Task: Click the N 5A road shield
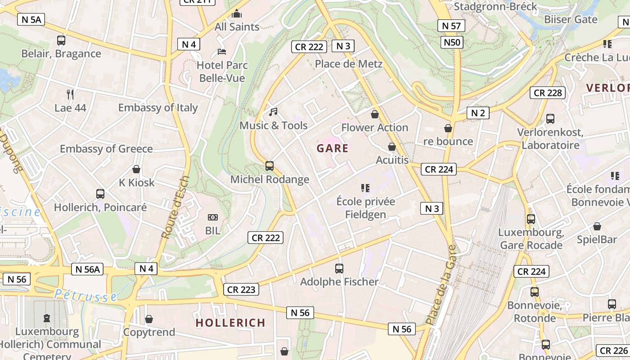click(31, 19)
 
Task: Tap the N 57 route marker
click(451, 26)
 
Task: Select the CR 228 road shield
click(547, 93)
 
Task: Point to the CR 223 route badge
click(241, 289)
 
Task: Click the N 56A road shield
click(87, 269)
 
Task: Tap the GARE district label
click(333, 148)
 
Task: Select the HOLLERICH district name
click(230, 323)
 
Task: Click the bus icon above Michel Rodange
click(270, 166)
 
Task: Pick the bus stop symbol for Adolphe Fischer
click(339, 269)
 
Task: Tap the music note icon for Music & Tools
click(273, 112)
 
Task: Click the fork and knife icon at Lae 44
click(70, 94)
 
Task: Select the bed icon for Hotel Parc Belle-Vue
click(222, 52)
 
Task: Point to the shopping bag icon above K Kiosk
click(136, 169)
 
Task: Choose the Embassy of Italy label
click(158, 108)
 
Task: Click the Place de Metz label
click(348, 63)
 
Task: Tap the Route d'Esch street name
click(175, 207)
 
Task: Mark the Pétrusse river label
click(85, 295)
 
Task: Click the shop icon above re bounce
click(448, 128)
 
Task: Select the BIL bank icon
click(213, 217)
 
